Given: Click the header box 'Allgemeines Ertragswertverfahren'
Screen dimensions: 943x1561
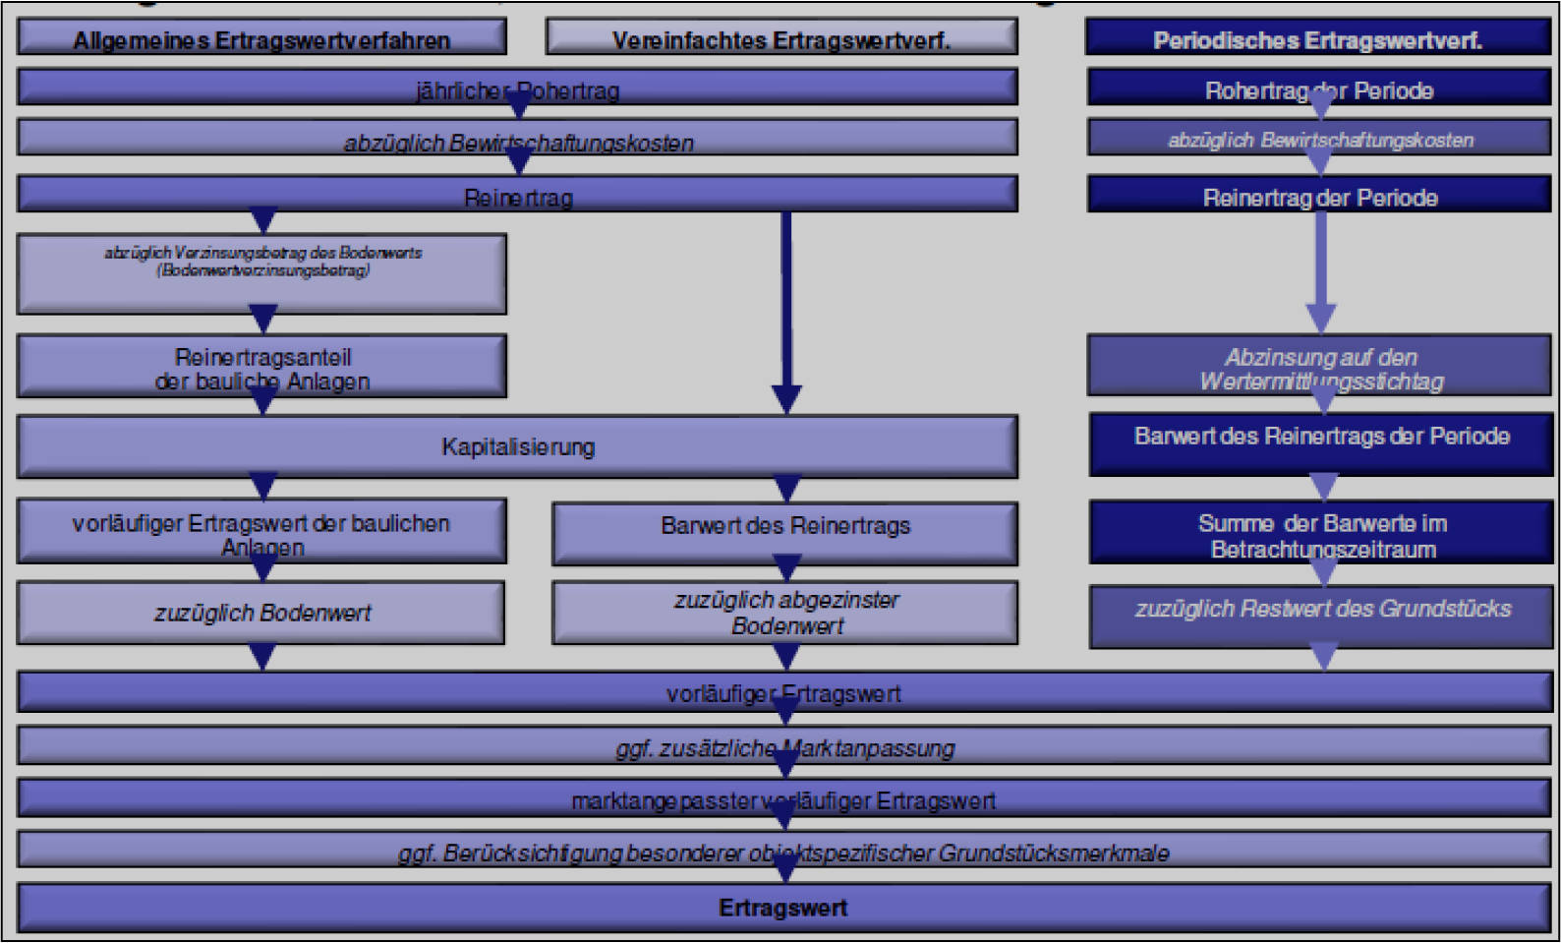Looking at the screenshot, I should click(261, 39).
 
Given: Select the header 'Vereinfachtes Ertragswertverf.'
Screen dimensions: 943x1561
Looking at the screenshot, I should click(780, 39).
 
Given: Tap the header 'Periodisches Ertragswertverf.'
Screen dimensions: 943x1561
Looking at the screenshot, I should click(1317, 39).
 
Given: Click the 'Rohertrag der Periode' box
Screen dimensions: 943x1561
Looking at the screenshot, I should click(1319, 90).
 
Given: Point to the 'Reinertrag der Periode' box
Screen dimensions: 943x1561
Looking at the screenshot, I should click(1319, 197).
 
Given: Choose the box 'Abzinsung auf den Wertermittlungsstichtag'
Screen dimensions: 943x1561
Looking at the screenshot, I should click(1319, 367).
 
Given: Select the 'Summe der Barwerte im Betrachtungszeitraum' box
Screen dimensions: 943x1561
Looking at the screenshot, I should click(1321, 534).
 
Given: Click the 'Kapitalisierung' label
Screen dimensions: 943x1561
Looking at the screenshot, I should click(518, 447).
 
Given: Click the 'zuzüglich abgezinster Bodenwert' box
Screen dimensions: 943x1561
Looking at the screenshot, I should click(784, 613).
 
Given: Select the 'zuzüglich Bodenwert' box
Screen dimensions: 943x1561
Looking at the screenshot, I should click(261, 613).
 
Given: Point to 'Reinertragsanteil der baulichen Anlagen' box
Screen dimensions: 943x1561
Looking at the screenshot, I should click(261, 368).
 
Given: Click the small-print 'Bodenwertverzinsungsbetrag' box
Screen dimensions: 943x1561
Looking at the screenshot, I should click(261, 270).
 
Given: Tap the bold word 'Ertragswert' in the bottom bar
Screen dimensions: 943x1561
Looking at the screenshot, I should click(782, 908).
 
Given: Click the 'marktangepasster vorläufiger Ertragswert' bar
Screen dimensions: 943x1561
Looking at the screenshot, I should click(784, 800).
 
